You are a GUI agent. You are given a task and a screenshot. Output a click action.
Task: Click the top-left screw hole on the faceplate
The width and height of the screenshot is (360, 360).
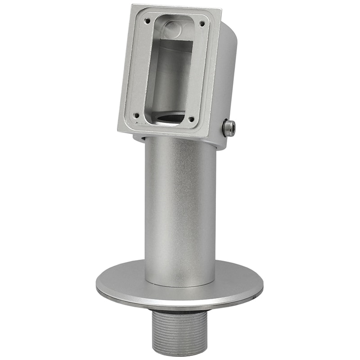pos(147,20)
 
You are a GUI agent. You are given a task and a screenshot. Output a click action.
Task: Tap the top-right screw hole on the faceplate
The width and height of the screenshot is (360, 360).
pos(202,23)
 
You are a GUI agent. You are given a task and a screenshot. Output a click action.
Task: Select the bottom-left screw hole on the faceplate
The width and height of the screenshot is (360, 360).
pos(136,115)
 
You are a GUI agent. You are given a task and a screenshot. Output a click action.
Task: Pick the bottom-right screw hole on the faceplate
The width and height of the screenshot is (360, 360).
pos(192,119)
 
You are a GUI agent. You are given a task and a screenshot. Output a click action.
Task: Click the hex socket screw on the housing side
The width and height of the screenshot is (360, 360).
pos(229,129)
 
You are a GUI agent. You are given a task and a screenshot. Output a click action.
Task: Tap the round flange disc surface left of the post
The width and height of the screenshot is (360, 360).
pos(121,281)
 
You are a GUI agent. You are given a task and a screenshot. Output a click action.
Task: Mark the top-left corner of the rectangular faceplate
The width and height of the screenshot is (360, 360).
pos(132,5)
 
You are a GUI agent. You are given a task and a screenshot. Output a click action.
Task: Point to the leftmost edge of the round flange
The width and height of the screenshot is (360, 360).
pos(96,286)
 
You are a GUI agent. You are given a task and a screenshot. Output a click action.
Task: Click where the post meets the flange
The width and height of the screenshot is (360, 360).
pos(180,285)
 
